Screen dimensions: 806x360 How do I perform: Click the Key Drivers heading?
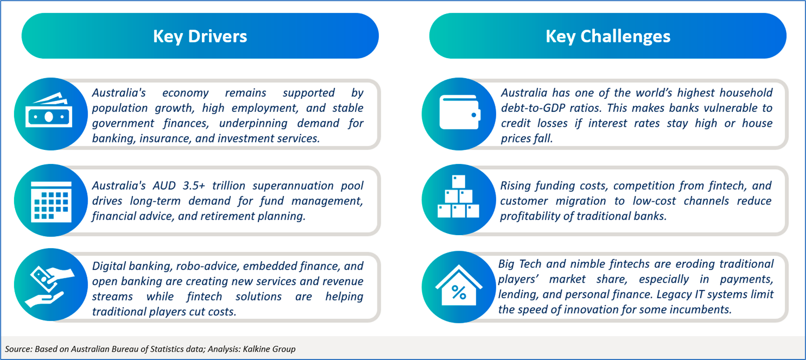[200, 37]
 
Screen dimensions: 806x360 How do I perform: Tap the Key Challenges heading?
[608, 37]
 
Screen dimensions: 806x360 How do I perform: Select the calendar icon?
[51, 202]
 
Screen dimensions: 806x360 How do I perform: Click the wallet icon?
[460, 112]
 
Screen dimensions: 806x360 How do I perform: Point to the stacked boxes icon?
[459, 197]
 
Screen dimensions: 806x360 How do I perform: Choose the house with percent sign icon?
[459, 285]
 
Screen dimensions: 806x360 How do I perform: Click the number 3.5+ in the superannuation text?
[193, 186]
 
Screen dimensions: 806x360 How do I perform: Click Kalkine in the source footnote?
[256, 349]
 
